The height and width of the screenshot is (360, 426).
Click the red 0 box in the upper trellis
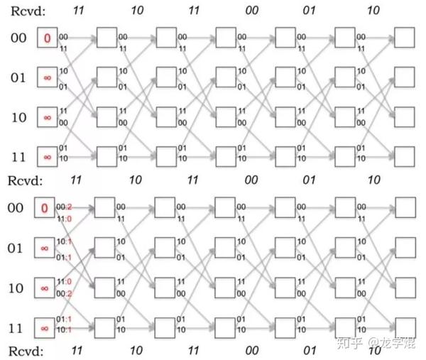click(x=47, y=38)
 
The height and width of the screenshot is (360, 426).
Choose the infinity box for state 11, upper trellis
click(x=47, y=155)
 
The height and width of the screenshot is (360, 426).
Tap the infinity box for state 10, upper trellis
click(x=47, y=116)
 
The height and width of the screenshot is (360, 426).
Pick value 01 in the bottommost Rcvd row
click(x=308, y=351)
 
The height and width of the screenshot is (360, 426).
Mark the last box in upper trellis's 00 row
click(x=405, y=38)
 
